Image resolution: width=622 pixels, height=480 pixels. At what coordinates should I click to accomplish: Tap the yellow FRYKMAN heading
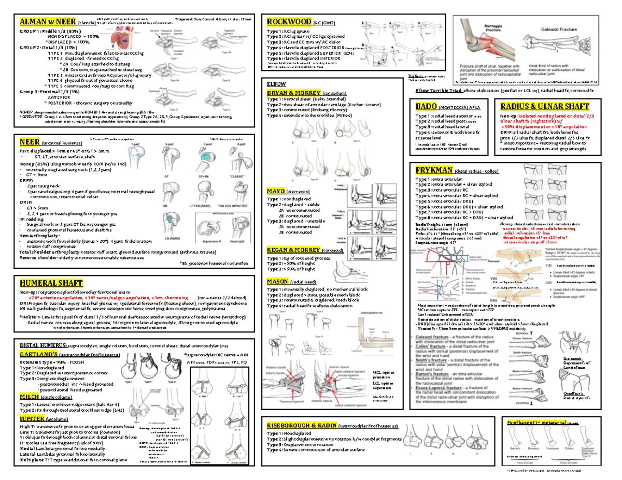click(x=434, y=170)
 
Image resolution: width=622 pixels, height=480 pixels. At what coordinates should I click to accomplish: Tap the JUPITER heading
click(x=32, y=418)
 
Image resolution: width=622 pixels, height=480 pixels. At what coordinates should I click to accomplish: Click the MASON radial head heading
click(x=278, y=281)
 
